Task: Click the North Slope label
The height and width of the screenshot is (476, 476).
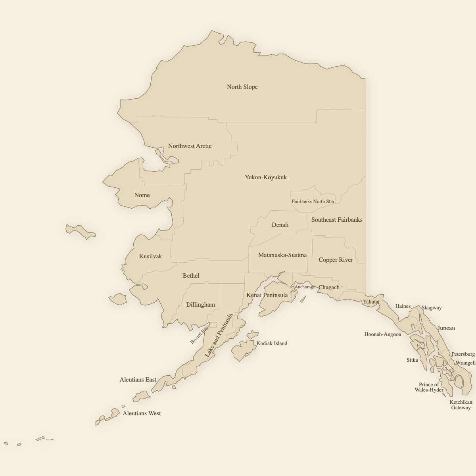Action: click(242, 87)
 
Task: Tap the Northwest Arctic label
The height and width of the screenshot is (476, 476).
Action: click(190, 146)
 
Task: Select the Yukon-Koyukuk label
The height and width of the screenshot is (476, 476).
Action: click(265, 177)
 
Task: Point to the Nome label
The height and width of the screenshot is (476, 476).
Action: click(142, 195)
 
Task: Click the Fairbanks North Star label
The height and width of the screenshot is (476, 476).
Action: click(313, 202)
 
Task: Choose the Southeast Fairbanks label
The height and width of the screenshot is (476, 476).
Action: click(337, 220)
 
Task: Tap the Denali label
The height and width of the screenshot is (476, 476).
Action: click(280, 225)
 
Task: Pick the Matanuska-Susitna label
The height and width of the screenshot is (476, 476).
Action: click(282, 255)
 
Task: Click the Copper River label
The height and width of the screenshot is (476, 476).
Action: click(336, 260)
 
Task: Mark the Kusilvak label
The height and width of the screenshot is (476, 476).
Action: click(150, 256)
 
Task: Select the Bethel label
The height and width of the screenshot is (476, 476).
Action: click(191, 276)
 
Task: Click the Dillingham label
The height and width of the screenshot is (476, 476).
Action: click(200, 305)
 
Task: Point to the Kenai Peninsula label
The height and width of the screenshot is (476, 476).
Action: click(267, 295)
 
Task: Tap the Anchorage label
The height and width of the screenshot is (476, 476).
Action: click(305, 287)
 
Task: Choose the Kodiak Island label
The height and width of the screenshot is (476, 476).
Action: click(272, 344)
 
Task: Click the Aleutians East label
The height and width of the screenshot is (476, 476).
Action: click(138, 380)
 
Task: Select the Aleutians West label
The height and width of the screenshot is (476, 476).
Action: click(142, 413)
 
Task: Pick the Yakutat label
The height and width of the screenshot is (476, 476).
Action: click(371, 302)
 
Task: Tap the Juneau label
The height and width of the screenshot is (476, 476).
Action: click(446, 328)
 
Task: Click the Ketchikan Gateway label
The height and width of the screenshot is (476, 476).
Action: click(461, 405)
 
